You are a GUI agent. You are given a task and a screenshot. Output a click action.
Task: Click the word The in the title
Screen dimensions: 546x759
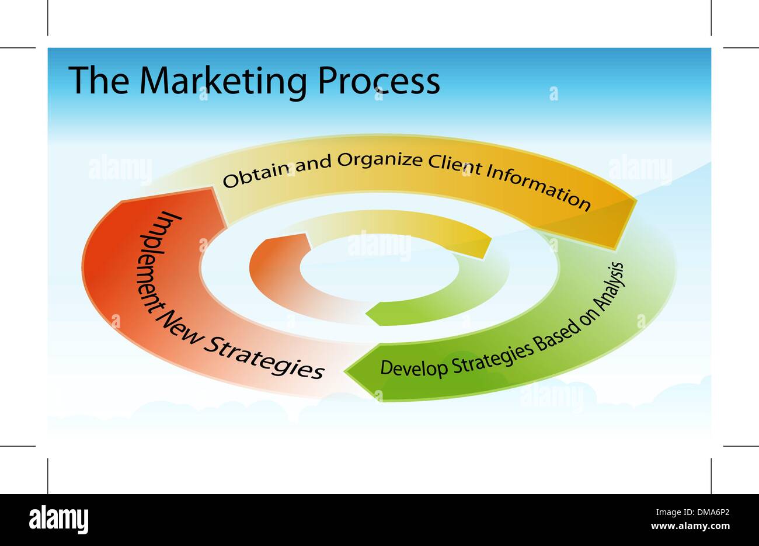[98, 81]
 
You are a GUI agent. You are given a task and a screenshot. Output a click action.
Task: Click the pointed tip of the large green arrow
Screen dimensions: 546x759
[346, 370]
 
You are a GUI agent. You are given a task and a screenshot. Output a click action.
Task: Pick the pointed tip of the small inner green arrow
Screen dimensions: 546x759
[367, 315]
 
